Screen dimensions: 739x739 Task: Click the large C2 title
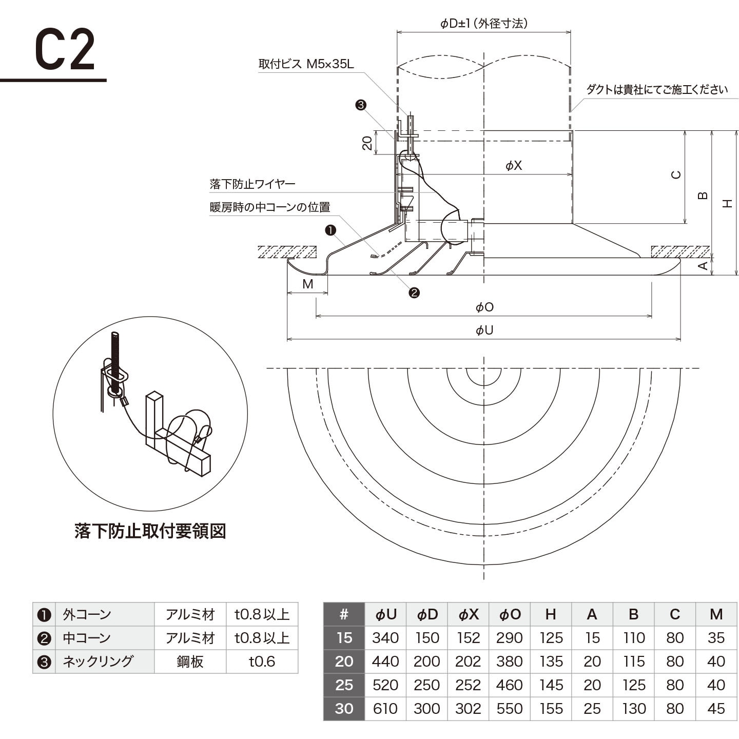tap(65, 50)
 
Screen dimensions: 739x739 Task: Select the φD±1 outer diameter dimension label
tap(483, 23)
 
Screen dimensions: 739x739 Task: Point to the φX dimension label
tap(513, 165)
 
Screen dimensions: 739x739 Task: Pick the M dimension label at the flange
tap(307, 284)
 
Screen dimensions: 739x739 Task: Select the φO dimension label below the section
tap(484, 307)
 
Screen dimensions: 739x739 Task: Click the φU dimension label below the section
tap(484, 330)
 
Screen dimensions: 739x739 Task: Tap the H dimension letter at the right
tap(727, 203)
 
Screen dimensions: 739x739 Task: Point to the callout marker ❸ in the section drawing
tap(361, 105)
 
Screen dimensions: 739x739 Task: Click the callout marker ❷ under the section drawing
tap(414, 293)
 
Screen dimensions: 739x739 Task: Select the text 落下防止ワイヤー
tap(252, 184)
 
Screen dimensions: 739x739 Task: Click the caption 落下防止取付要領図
tap(150, 531)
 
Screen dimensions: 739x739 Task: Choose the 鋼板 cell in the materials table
tap(190, 662)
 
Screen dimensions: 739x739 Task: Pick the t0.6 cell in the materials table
tap(262, 662)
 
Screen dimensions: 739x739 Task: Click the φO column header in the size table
tap(509, 614)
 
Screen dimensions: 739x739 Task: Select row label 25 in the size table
tap(344, 685)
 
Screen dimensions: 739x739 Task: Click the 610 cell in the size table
tap(385, 709)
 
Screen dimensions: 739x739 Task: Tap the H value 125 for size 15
tap(551, 638)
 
